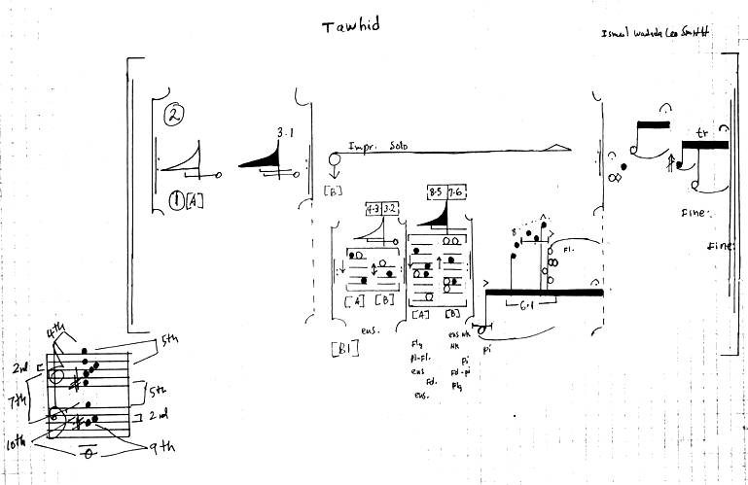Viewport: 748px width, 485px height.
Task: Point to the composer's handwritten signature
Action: [654, 33]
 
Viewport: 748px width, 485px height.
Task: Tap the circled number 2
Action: [175, 115]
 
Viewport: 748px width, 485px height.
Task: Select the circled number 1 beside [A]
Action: [177, 201]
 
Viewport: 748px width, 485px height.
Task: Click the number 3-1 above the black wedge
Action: [285, 132]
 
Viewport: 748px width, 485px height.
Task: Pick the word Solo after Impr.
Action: [395, 149]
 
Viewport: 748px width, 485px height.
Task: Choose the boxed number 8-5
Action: [435, 192]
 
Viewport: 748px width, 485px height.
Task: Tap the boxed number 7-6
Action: [456, 192]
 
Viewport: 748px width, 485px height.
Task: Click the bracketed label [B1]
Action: [345, 348]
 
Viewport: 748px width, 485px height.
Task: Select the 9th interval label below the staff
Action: [158, 446]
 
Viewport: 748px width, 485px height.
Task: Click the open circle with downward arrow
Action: [335, 161]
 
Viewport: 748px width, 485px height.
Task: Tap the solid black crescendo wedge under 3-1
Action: [263, 156]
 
